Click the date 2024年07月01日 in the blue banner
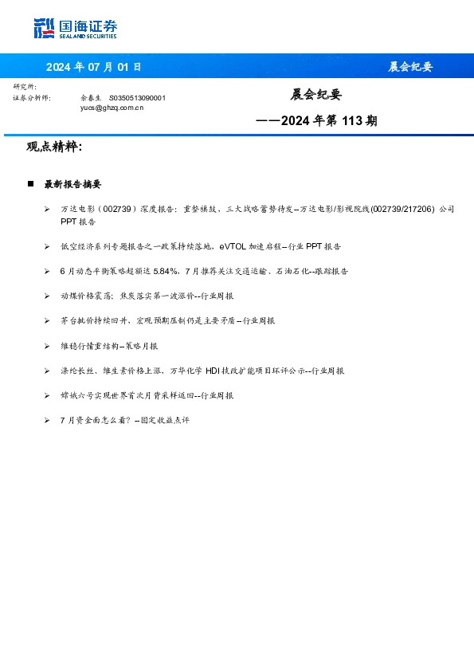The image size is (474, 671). [94, 66]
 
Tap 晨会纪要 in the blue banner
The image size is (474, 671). [410, 66]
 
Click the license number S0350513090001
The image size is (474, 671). [137, 97]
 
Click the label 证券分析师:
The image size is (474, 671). [32, 97]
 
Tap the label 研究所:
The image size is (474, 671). [25, 86]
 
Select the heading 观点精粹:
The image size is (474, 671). [54, 147]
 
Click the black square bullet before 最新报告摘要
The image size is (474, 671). [30, 184]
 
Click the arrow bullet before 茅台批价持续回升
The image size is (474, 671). [48, 320]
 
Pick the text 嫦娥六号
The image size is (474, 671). [73, 395]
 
